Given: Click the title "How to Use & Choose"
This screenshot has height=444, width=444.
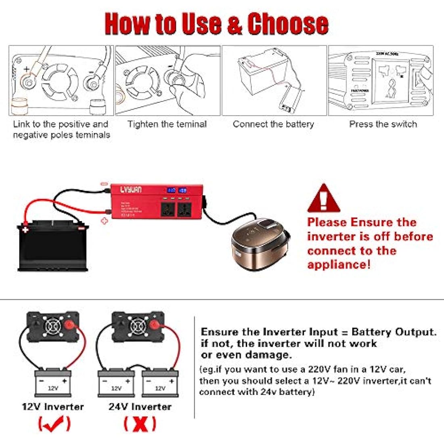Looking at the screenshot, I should pyautogui.click(x=216, y=24).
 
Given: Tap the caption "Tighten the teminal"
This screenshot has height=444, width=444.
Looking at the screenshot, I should pyautogui.click(x=167, y=124).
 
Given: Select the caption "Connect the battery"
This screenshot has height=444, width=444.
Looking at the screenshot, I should pyautogui.click(x=273, y=124).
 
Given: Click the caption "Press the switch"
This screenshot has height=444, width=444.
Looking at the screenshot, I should pyautogui.click(x=383, y=124).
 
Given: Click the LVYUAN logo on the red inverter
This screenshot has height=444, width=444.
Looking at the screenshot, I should pyautogui.click(x=131, y=190).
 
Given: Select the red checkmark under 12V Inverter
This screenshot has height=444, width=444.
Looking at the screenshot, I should pyautogui.click(x=54, y=424).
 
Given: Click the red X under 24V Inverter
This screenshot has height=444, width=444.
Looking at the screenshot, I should pyautogui.click(x=140, y=424).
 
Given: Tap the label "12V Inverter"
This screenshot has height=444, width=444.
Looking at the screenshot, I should pyautogui.click(x=53, y=406).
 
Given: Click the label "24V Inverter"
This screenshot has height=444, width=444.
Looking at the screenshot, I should pyautogui.click(x=140, y=406).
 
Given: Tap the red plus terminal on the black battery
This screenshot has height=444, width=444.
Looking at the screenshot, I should pyautogui.click(x=25, y=230).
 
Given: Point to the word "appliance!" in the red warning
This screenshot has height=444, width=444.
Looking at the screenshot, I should pyautogui.click(x=339, y=265).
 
